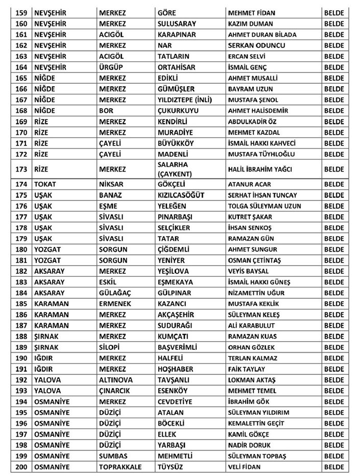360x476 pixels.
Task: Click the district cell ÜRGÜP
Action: tap(112, 67)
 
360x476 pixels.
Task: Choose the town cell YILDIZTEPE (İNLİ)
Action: tap(184, 100)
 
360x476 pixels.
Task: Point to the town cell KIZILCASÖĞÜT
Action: tap(183, 195)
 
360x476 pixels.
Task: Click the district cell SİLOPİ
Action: tap(110, 347)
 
